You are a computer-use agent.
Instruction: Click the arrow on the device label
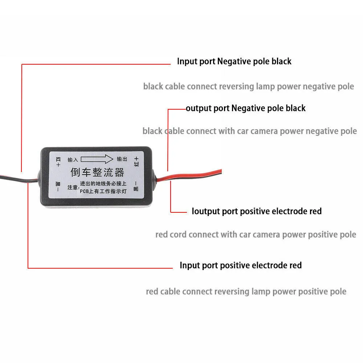pos(98,159)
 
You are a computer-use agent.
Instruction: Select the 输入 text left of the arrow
pos(73,159)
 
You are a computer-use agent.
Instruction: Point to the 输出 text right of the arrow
pos(122,159)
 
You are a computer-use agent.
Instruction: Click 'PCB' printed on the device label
pos(85,192)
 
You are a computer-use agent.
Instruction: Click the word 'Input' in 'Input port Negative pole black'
pos(187,61)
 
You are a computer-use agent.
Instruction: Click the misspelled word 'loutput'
pos(205,211)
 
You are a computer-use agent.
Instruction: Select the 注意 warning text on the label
pos(72,188)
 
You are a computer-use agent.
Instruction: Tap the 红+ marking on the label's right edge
pos(136,160)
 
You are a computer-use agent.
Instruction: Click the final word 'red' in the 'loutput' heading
pos(314,211)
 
